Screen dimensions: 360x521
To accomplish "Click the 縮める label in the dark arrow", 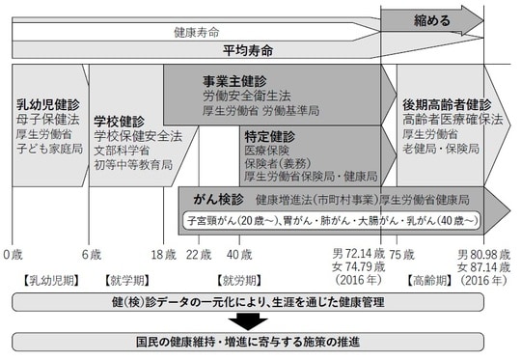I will (x=431, y=19).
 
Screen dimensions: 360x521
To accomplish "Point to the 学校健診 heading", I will (x=120, y=123).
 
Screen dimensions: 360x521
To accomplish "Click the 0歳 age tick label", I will (x=13, y=254).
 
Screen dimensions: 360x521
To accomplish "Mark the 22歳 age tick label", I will (x=198, y=254).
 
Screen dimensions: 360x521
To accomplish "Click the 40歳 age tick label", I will (x=238, y=254).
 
